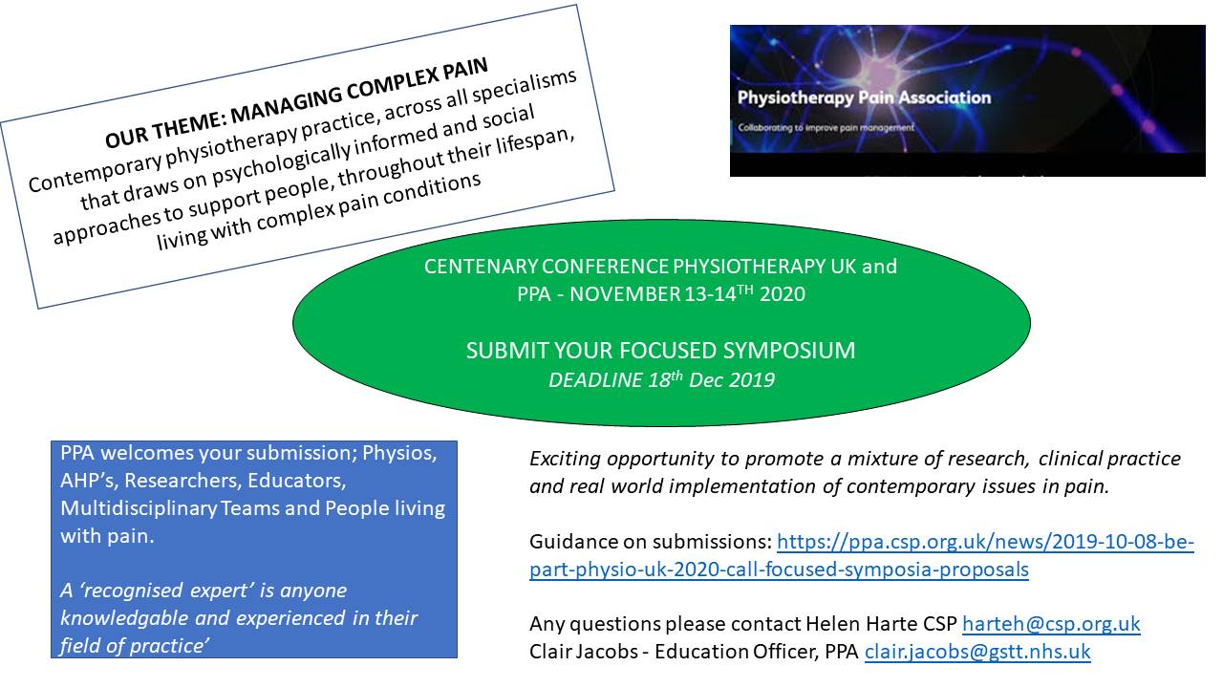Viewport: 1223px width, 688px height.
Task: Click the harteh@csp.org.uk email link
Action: tap(1051, 624)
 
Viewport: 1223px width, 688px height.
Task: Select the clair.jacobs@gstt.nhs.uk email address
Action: tap(977, 652)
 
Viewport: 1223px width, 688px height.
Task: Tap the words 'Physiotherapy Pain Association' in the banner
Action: tap(864, 97)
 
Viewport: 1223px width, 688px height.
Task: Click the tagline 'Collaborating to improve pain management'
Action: tap(826, 127)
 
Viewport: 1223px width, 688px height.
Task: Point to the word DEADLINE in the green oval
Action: tap(595, 379)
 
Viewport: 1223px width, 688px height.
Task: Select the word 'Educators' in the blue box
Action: tap(296, 481)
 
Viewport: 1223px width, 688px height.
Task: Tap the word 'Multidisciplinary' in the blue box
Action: tap(139, 508)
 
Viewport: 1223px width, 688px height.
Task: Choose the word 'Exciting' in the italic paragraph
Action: tap(565, 459)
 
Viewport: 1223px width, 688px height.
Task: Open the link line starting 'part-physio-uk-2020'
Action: tap(779, 570)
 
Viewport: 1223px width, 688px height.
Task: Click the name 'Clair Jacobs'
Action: tap(584, 652)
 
